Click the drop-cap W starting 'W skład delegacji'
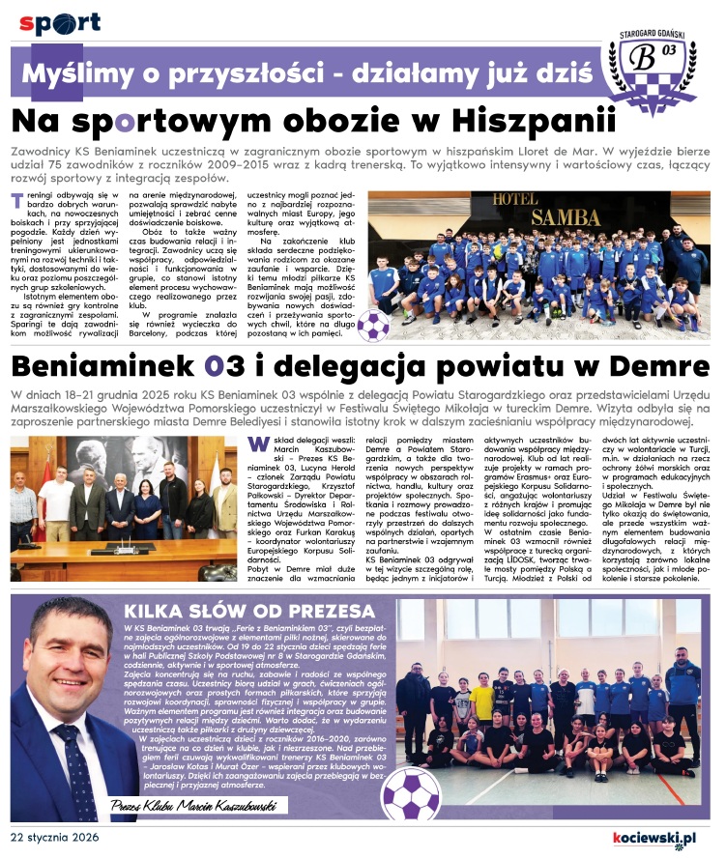click(x=256, y=444)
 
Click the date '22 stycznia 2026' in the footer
click(x=60, y=837)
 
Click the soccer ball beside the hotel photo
click(x=374, y=326)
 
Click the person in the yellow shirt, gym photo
click(x=482, y=699)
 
